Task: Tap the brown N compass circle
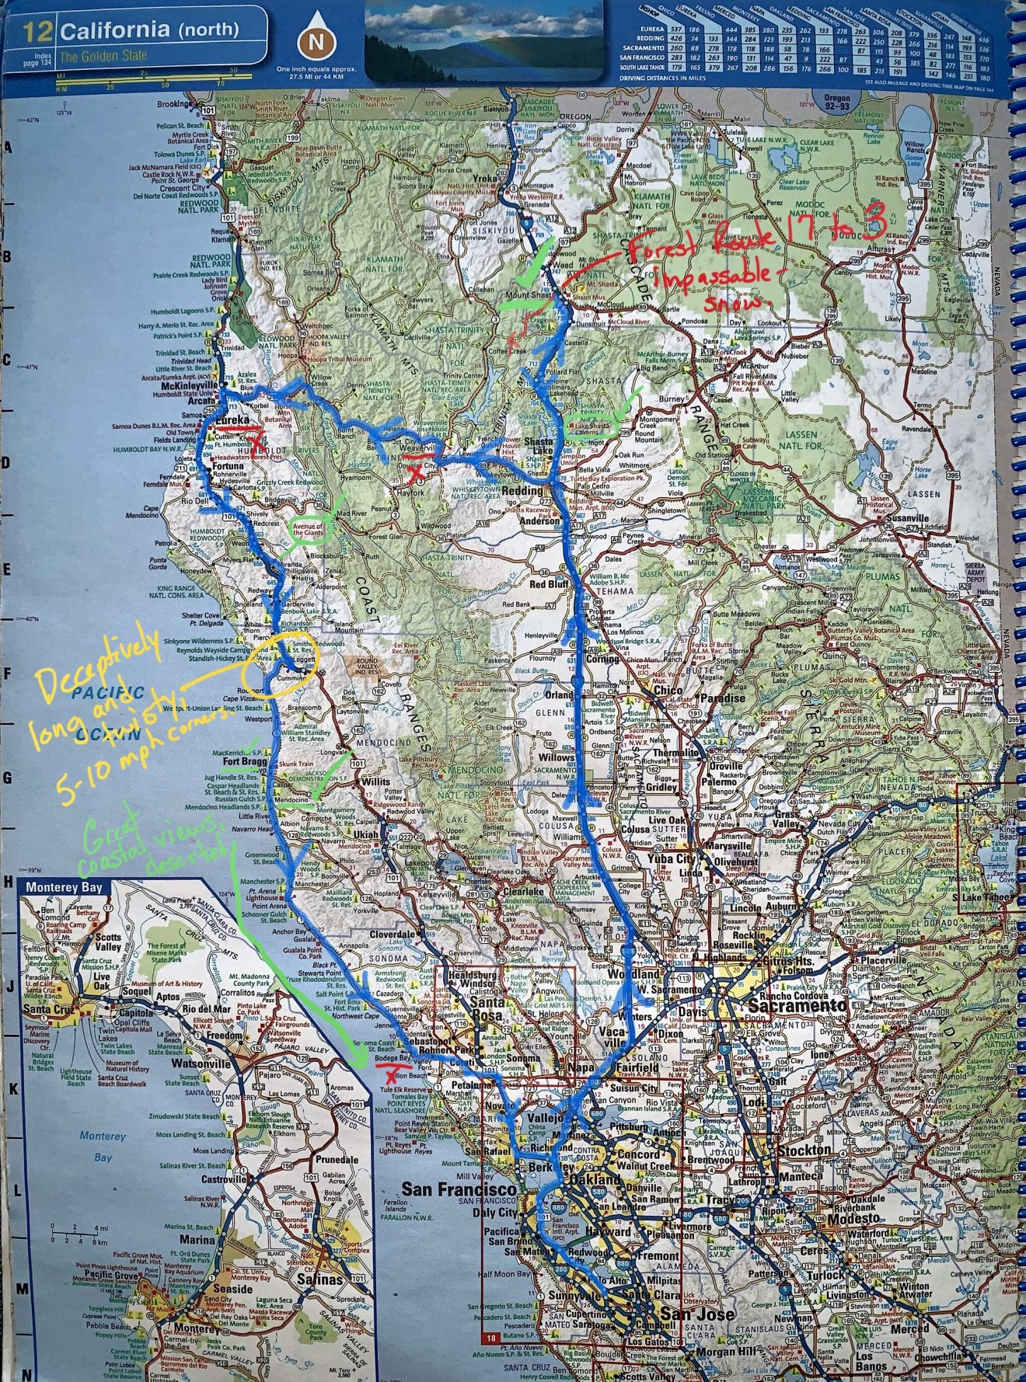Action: (316, 43)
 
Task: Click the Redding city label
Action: (522, 490)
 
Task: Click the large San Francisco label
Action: (459, 1189)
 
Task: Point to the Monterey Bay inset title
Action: (64, 887)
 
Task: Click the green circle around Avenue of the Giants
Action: (309, 531)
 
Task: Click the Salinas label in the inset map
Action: (319, 1279)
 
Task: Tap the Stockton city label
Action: (804, 1150)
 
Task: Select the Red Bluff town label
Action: (550, 585)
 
